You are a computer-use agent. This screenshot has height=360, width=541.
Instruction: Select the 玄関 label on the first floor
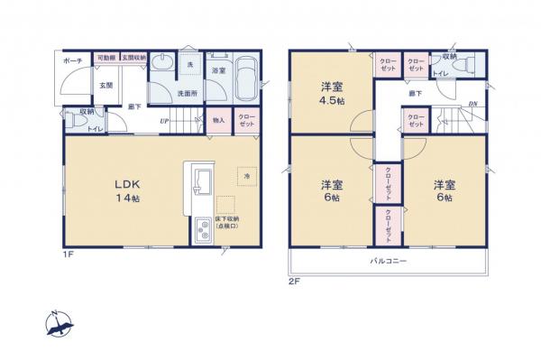click(x=105, y=86)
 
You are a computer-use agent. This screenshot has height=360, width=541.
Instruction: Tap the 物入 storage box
click(x=218, y=120)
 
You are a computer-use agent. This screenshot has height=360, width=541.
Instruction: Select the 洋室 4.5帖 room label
click(x=331, y=93)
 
